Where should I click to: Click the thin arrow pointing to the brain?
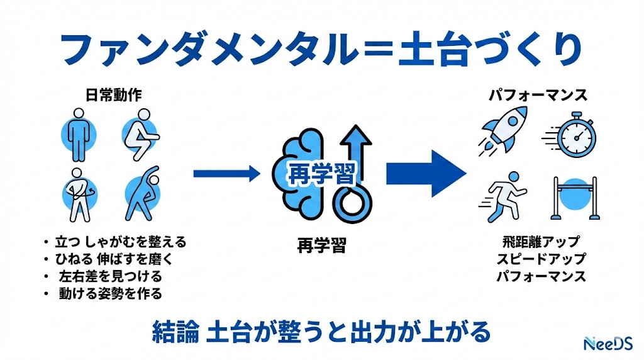(226, 173)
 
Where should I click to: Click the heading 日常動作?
(113, 95)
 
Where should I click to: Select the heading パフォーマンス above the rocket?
(538, 95)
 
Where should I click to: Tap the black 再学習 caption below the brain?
(321, 245)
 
